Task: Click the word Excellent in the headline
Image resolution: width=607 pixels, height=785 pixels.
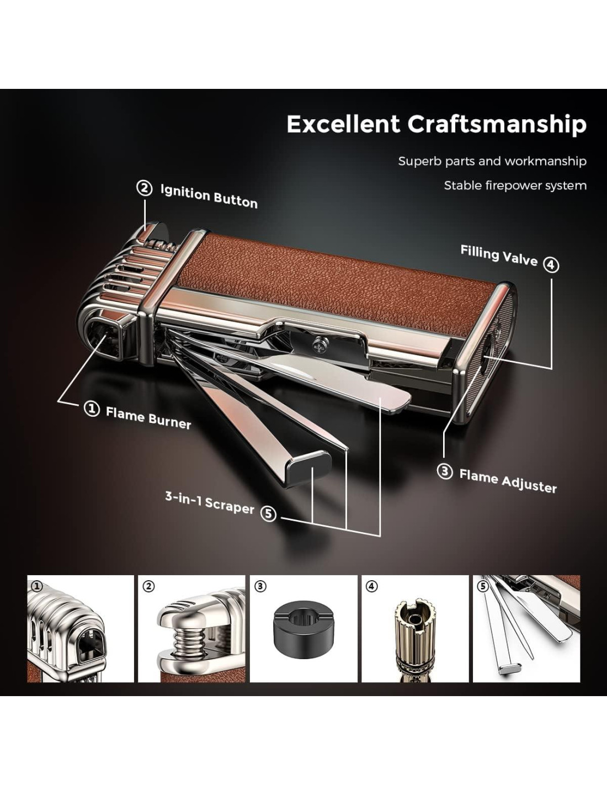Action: click(343, 124)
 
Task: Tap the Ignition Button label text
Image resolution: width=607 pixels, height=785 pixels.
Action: click(209, 196)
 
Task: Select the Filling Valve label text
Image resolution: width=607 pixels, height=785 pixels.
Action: click(499, 256)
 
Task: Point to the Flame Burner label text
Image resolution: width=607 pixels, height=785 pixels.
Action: click(148, 417)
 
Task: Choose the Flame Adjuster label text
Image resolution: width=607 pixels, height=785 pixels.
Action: click(508, 481)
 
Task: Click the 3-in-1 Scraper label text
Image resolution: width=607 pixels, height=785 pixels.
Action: click(210, 502)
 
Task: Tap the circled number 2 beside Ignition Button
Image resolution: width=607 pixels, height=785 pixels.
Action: click(145, 189)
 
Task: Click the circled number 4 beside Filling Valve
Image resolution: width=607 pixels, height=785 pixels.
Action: click(551, 265)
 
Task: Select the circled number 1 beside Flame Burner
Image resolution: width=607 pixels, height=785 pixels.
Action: click(92, 409)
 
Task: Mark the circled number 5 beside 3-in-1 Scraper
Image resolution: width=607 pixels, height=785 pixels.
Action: click(268, 513)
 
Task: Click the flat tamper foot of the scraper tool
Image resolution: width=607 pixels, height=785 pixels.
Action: click(308, 466)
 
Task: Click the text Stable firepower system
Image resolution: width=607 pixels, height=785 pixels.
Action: click(515, 186)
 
